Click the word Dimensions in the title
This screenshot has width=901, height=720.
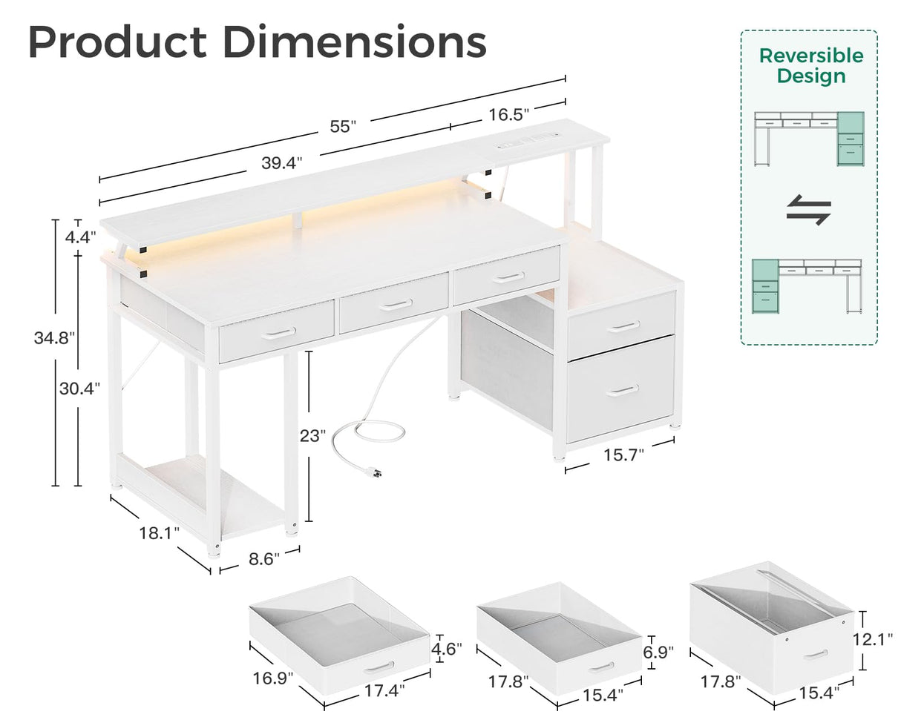coord(355,42)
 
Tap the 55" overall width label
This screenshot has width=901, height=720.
coord(343,126)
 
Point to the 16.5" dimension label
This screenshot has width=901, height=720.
coord(508,114)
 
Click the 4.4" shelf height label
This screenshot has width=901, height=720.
coord(80,237)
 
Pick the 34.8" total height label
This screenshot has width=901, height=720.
coord(54,338)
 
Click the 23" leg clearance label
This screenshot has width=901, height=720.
coord(312,436)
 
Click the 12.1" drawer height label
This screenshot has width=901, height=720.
coord(874,638)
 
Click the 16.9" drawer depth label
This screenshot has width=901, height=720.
coord(272,677)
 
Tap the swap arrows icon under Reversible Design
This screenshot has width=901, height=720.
coord(808,210)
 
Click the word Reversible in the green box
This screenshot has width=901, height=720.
coord(810,56)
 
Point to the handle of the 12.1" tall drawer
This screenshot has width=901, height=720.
coord(815,653)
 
